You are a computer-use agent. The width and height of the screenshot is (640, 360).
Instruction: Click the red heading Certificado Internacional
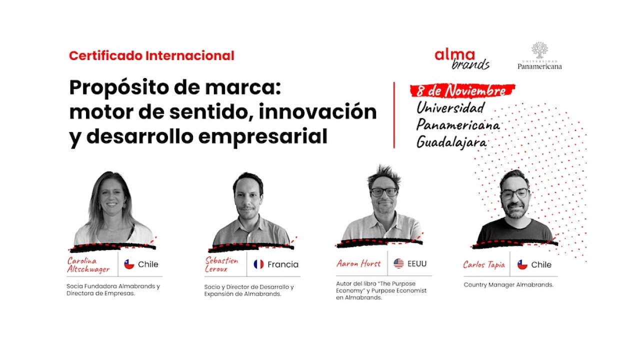[x=151, y=56]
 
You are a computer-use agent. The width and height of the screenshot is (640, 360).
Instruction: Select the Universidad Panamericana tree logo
[x=539, y=50]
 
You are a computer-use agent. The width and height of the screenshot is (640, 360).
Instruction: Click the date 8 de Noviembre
[x=462, y=91]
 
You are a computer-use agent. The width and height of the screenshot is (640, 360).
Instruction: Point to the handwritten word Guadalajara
[x=451, y=142]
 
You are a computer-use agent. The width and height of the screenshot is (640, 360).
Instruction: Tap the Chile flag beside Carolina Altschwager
[x=129, y=264]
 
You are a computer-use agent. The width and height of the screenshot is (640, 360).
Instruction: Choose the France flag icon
[x=258, y=264]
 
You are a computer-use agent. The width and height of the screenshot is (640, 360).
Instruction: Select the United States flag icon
[x=398, y=263]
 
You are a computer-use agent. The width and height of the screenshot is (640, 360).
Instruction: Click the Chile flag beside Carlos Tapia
[x=522, y=264]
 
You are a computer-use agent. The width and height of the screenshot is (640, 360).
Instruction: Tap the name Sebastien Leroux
[x=222, y=264]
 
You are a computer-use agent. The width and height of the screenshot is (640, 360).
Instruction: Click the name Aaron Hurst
[x=358, y=263]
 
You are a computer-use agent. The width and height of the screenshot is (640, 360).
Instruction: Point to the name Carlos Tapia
[x=483, y=264]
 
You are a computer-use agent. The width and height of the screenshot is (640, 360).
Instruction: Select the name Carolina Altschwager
[x=88, y=265]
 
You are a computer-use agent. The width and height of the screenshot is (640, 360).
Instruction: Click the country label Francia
[x=283, y=264]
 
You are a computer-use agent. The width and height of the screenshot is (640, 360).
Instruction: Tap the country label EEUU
[x=417, y=263]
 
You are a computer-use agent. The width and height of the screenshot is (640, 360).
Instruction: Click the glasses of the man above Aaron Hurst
[x=384, y=191]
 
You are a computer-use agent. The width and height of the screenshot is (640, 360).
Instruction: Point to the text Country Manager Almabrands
[x=508, y=285]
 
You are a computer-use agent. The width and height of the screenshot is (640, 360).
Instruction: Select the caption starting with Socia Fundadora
[x=113, y=290]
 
